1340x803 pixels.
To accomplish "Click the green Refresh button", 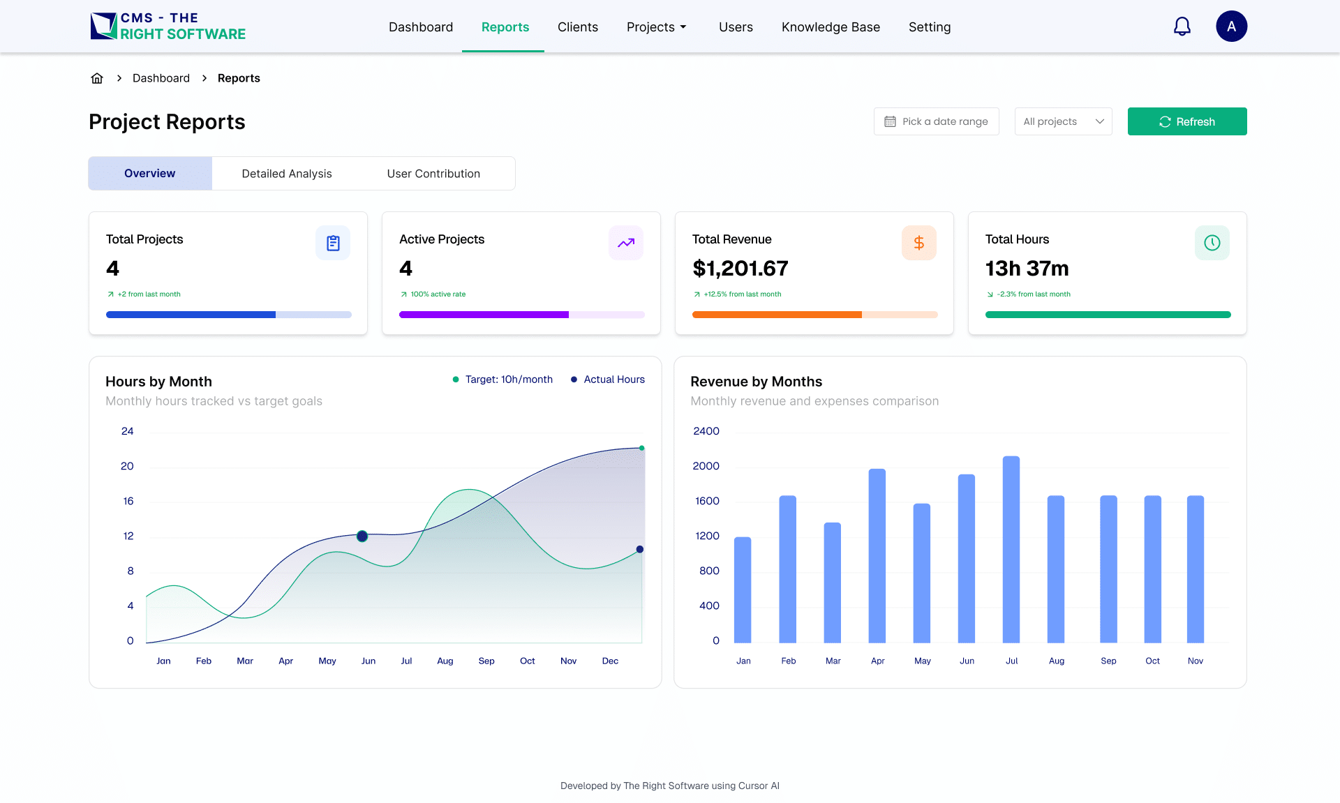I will pos(1186,121).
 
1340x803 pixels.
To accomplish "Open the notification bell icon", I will pos(1182,27).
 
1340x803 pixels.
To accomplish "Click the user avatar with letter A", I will pos(1231,27).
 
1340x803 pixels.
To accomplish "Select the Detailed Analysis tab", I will pos(286,174).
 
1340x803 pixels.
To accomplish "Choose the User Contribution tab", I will pos(433,174).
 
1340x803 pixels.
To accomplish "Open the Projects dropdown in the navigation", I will pos(656,27).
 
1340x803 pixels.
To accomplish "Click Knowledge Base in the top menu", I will pos(831,27).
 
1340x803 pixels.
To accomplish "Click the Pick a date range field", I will pos(936,121).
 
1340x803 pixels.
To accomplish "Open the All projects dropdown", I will pos(1063,121).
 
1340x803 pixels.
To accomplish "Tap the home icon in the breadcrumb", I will pos(97,78).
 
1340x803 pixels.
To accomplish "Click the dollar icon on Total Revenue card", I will pos(918,243).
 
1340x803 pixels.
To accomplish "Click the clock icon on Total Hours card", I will pos(1212,243).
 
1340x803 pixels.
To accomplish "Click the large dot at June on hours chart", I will pos(362,536).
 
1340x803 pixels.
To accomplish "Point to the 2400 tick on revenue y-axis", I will pos(706,431).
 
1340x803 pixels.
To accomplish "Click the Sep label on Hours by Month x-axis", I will pos(486,661).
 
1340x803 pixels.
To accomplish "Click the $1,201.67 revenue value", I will pos(740,269).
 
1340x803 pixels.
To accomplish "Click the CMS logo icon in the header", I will pos(103,26).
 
